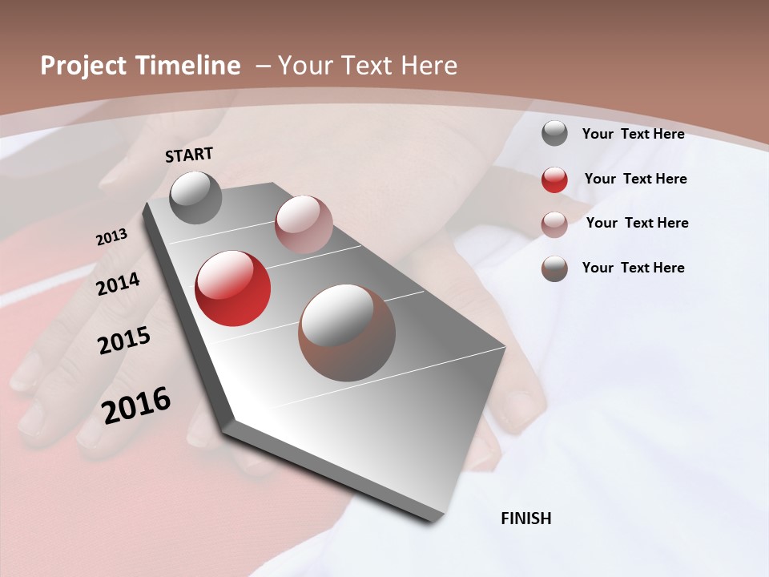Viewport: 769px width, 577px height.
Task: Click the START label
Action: (x=189, y=155)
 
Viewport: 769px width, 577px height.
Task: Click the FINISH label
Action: (x=525, y=518)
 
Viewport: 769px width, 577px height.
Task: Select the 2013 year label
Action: (x=112, y=237)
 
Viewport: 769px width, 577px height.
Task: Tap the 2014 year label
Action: (x=119, y=284)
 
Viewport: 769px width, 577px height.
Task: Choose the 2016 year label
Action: (x=136, y=405)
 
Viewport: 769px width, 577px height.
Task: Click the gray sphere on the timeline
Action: (x=196, y=197)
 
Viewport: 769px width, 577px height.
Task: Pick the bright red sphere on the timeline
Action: (x=233, y=288)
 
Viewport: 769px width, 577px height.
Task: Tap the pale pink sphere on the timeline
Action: (x=304, y=224)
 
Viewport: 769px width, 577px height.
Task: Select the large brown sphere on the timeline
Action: (x=347, y=333)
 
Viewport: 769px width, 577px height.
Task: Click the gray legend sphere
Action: (x=554, y=133)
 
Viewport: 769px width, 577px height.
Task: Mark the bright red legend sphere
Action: (x=554, y=180)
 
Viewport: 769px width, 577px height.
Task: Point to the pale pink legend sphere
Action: (x=554, y=224)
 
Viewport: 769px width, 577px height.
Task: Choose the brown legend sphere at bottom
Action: (x=554, y=268)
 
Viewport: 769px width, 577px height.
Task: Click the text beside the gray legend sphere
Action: (x=633, y=134)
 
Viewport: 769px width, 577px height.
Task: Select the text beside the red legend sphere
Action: (x=635, y=179)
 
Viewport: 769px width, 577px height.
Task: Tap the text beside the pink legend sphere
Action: (x=637, y=223)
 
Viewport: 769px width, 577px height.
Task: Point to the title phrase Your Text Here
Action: (x=368, y=66)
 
